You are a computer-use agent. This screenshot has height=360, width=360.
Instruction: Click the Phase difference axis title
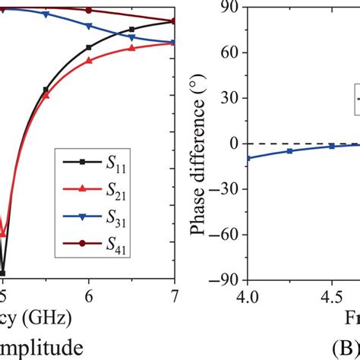coord(199,144)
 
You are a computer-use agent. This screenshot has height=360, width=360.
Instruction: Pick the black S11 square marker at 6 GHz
coord(90,47)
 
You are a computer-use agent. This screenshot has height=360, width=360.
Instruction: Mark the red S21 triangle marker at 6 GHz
coord(90,61)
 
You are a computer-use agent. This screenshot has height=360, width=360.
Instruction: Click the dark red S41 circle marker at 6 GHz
coord(90,11)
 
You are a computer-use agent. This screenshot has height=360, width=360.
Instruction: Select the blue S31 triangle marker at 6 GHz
coord(90,26)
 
